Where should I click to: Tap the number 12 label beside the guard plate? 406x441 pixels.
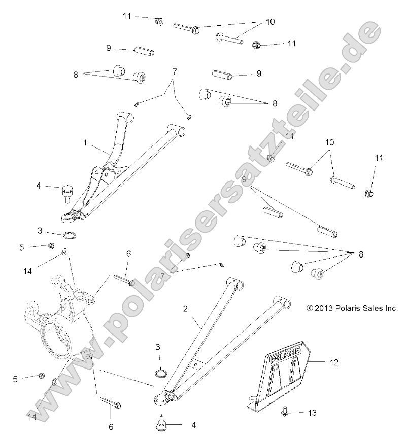[333, 362]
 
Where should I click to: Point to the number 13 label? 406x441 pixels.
[312, 413]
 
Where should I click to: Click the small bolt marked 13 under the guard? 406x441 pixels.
[285, 413]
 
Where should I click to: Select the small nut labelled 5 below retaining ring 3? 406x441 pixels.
[51, 246]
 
